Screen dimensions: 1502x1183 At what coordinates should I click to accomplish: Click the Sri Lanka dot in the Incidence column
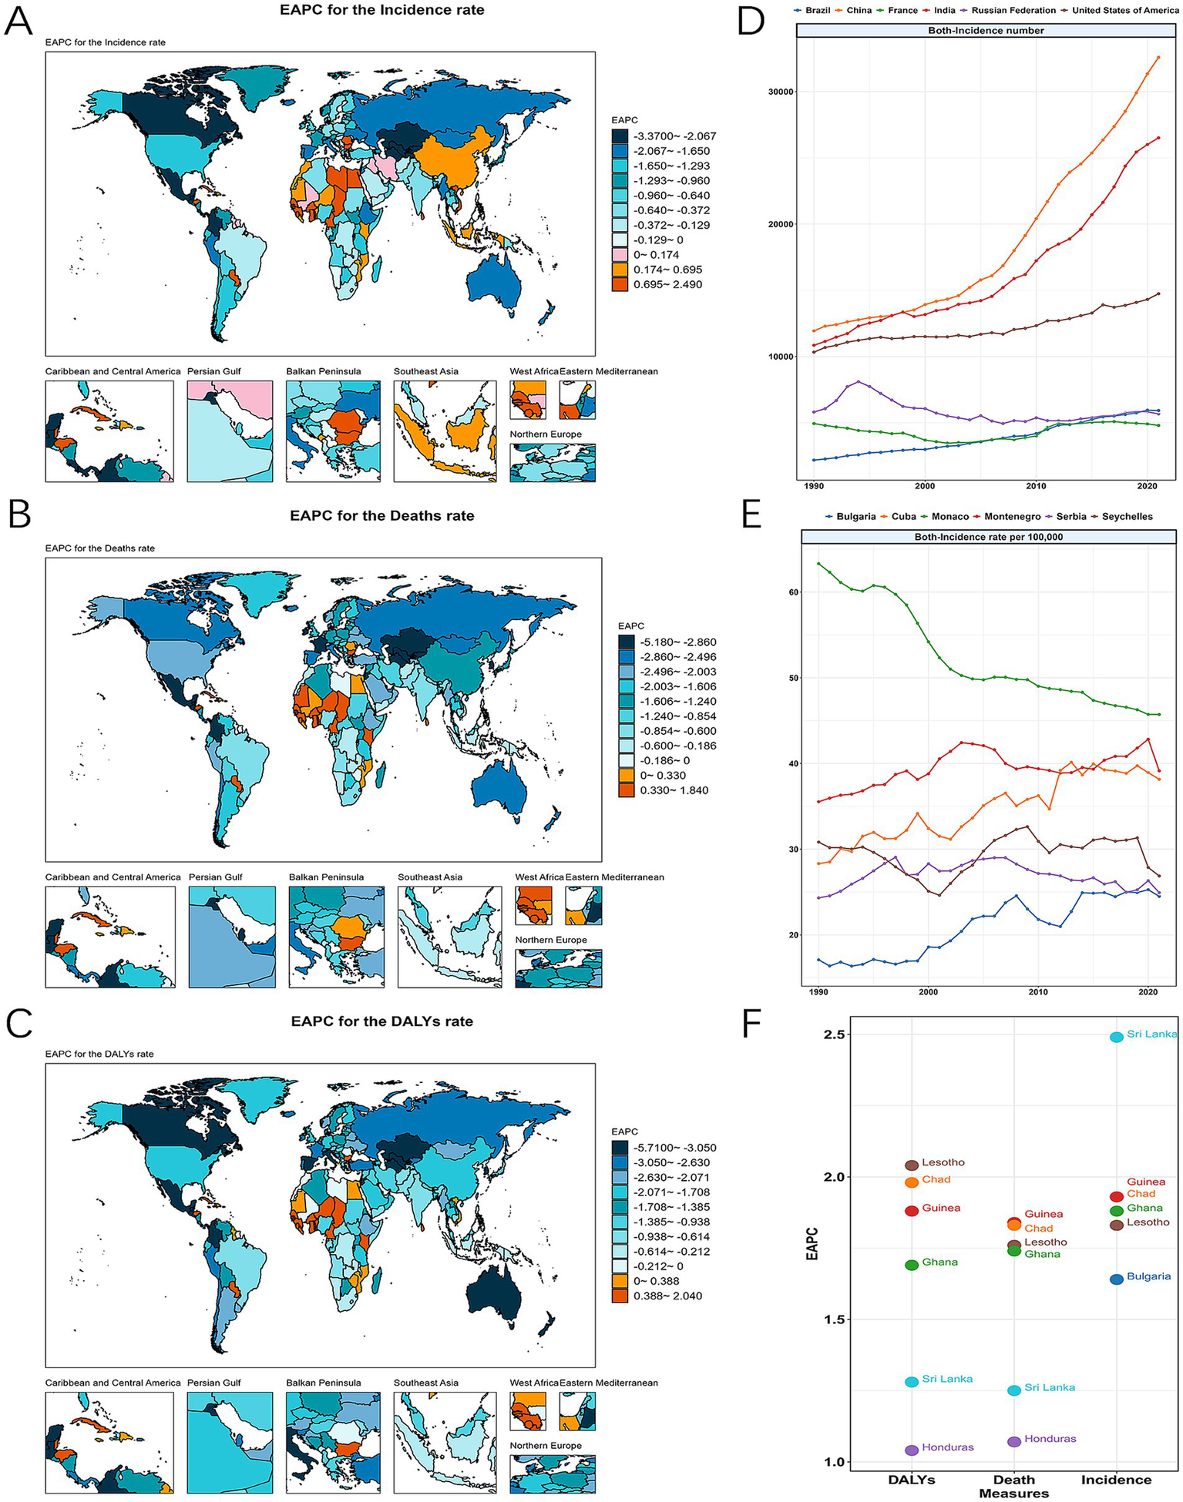[1116, 1037]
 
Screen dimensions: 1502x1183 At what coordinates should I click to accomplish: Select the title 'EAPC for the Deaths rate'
[381, 515]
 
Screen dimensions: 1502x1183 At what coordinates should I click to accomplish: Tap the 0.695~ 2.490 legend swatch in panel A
[620, 284]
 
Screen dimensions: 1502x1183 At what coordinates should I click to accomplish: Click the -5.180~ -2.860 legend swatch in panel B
[627, 642]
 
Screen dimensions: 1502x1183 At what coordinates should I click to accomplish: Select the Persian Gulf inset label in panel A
[214, 371]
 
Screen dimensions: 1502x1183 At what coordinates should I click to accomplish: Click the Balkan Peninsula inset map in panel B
[336, 936]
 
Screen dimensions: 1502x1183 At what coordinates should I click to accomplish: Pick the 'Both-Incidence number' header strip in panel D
[986, 31]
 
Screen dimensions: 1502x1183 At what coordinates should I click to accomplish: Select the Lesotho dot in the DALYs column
[912, 1165]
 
